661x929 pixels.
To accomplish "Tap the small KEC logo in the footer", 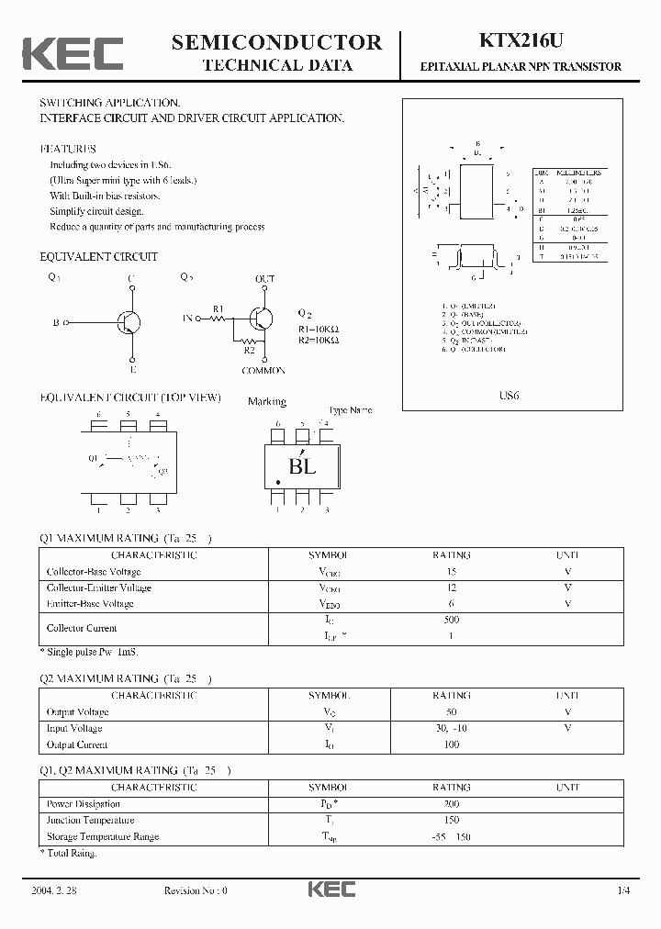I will (x=331, y=889).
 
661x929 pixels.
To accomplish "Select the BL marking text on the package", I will (x=302, y=466).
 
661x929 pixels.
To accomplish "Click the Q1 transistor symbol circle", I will (x=129, y=322).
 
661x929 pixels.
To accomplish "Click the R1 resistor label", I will (x=218, y=308).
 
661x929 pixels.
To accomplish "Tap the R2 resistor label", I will (x=249, y=349).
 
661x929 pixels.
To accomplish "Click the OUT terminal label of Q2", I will (x=264, y=278).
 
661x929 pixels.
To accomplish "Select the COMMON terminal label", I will (x=263, y=370).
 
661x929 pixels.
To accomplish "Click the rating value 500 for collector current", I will (x=451, y=620).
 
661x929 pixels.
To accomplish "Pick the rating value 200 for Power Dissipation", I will (x=451, y=804).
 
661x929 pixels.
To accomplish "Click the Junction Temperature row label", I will (x=91, y=821).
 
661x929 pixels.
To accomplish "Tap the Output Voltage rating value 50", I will (x=451, y=711).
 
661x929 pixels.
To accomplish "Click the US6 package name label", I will (x=510, y=396).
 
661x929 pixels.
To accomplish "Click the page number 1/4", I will (x=624, y=890).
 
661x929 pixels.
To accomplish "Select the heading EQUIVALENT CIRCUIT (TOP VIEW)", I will (x=130, y=397).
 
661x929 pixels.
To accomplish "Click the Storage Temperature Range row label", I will (x=103, y=837).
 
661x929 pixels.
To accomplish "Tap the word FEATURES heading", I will (x=68, y=149).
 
